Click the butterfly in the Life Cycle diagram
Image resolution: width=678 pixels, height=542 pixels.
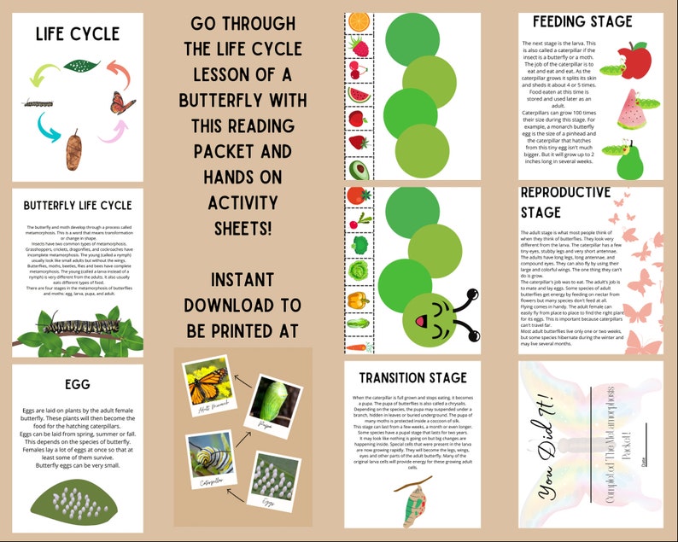[x=122, y=102]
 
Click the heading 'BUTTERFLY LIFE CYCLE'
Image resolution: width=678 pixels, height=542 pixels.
[x=77, y=206]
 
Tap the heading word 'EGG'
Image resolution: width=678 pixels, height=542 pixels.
[x=77, y=385]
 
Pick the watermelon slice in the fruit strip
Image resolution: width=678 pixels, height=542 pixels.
[x=358, y=94]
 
